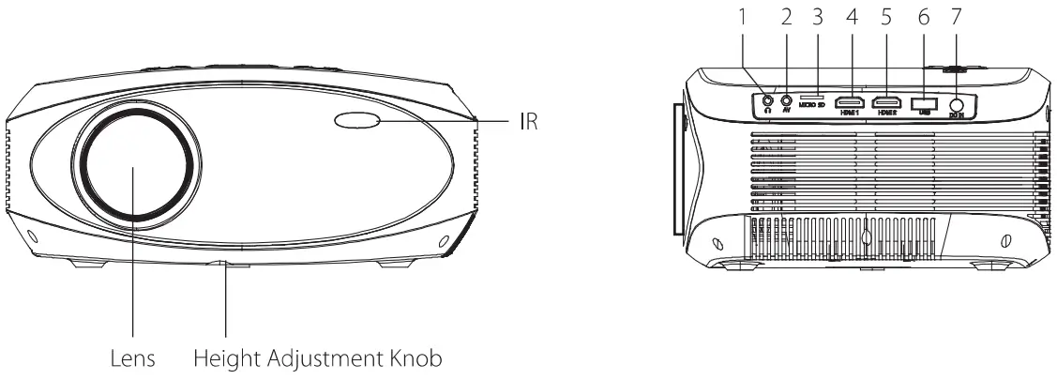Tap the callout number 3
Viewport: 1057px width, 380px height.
pyautogui.click(x=817, y=17)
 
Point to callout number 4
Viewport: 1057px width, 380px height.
pyautogui.click(x=853, y=17)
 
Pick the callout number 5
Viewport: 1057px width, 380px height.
pyautogui.click(x=887, y=17)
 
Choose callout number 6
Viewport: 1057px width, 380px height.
pyautogui.click(x=923, y=17)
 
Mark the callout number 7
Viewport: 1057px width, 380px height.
pyautogui.click(x=957, y=17)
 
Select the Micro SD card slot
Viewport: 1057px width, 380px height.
pyautogui.click(x=813, y=96)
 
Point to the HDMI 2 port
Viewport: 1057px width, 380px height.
pyautogui.click(x=887, y=100)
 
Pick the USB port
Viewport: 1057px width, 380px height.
pyautogui.click(x=924, y=101)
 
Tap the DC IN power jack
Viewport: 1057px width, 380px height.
pyautogui.click(x=958, y=106)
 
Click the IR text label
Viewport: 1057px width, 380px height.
pyautogui.click(x=528, y=121)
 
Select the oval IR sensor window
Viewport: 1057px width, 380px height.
pyautogui.click(x=355, y=120)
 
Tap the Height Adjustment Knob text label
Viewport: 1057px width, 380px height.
pyautogui.click(x=317, y=357)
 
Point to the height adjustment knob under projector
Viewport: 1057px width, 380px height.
pyautogui.click(x=225, y=266)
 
